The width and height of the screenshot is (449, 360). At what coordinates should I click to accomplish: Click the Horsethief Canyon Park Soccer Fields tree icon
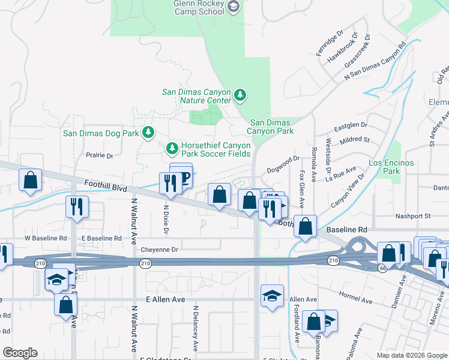(x=172, y=148)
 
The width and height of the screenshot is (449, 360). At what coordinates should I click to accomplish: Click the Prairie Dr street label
(x=100, y=155)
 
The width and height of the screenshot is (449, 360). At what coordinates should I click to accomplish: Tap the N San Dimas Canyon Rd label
(x=375, y=62)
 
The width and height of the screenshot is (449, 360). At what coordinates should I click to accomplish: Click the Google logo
(x=20, y=353)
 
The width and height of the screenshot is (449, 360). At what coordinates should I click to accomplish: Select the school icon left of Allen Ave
(x=272, y=296)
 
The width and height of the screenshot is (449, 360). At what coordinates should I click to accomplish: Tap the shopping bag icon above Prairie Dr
(x=30, y=179)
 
